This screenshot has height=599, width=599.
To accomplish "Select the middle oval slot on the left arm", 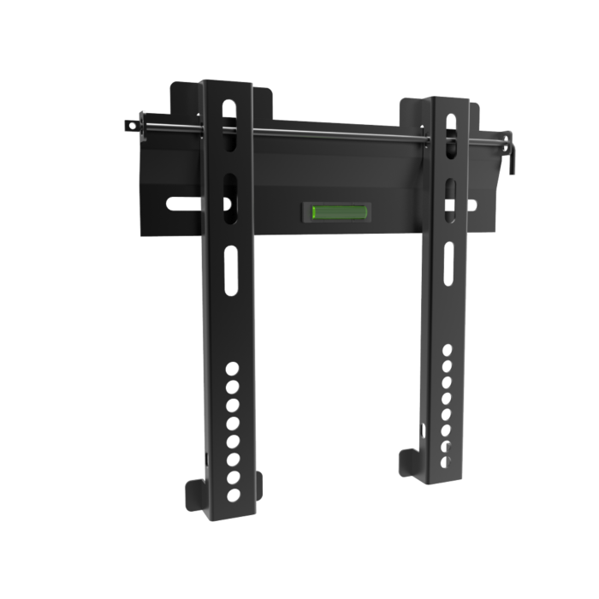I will point(229,188).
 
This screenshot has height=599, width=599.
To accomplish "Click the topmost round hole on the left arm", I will point(232,369).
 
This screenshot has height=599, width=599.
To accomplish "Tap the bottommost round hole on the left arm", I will point(232,495).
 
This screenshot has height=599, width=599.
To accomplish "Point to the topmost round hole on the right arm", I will point(446,350).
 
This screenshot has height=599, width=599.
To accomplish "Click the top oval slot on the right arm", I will point(448,125).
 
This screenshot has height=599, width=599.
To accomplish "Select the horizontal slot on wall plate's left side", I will point(181,204).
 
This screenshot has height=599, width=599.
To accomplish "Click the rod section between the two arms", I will point(342,132).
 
